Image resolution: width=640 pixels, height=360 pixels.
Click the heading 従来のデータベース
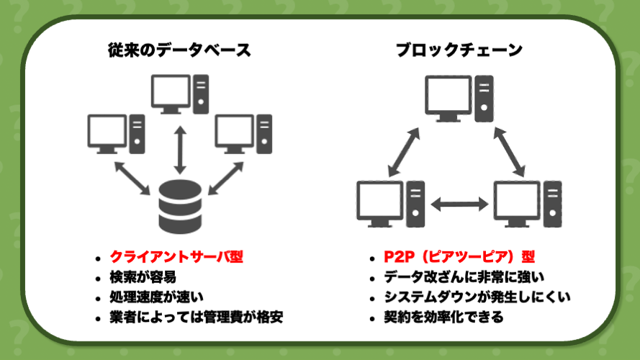tap(179, 50)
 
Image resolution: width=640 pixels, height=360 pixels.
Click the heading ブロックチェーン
tap(459, 50)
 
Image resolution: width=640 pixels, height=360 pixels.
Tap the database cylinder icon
tap(180, 207)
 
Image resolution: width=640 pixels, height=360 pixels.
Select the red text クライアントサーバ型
tap(176, 257)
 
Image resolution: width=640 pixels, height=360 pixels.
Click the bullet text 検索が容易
tap(143, 277)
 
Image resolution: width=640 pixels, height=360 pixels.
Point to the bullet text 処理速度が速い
tap(156, 297)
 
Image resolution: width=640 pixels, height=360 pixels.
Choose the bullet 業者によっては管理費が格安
tap(197, 317)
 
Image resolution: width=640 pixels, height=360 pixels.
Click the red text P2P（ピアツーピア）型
tap(459, 257)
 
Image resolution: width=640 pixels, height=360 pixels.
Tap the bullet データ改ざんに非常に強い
tap(464, 277)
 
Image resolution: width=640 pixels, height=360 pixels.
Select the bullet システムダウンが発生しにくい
tap(477, 297)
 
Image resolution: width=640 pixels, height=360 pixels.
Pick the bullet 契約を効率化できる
tap(443, 317)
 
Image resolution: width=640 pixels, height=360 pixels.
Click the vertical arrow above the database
tap(180, 150)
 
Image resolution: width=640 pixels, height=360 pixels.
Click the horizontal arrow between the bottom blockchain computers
tap(459, 204)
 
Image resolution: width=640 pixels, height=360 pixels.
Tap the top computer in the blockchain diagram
tap(459, 99)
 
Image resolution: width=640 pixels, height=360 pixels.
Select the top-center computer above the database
tap(180, 94)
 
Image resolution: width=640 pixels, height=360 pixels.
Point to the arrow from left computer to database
tap(132, 179)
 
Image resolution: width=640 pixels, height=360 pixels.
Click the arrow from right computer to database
tap(226, 179)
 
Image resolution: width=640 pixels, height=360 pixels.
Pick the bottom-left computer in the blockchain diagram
tap(391, 204)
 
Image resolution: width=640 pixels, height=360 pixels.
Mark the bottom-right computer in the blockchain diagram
tap(528, 204)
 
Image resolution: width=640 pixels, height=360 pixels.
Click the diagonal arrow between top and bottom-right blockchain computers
tap(509, 152)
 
